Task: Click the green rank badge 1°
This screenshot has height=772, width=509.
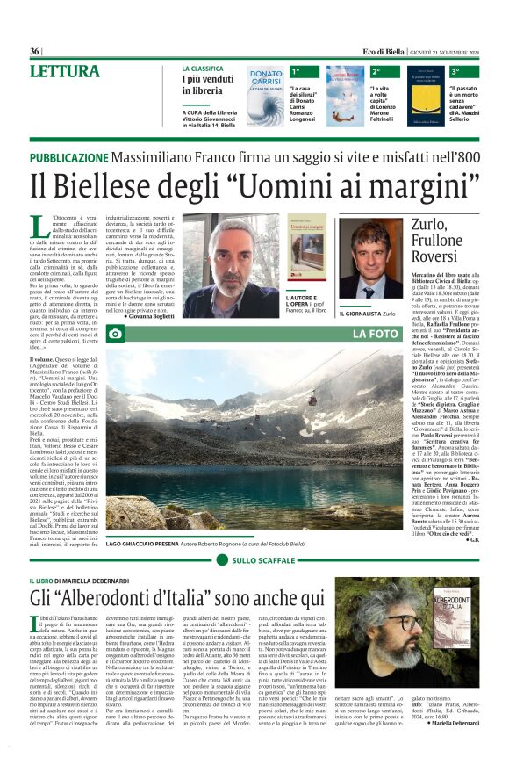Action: [x=296, y=70]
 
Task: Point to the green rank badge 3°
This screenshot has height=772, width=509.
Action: [x=455, y=70]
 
